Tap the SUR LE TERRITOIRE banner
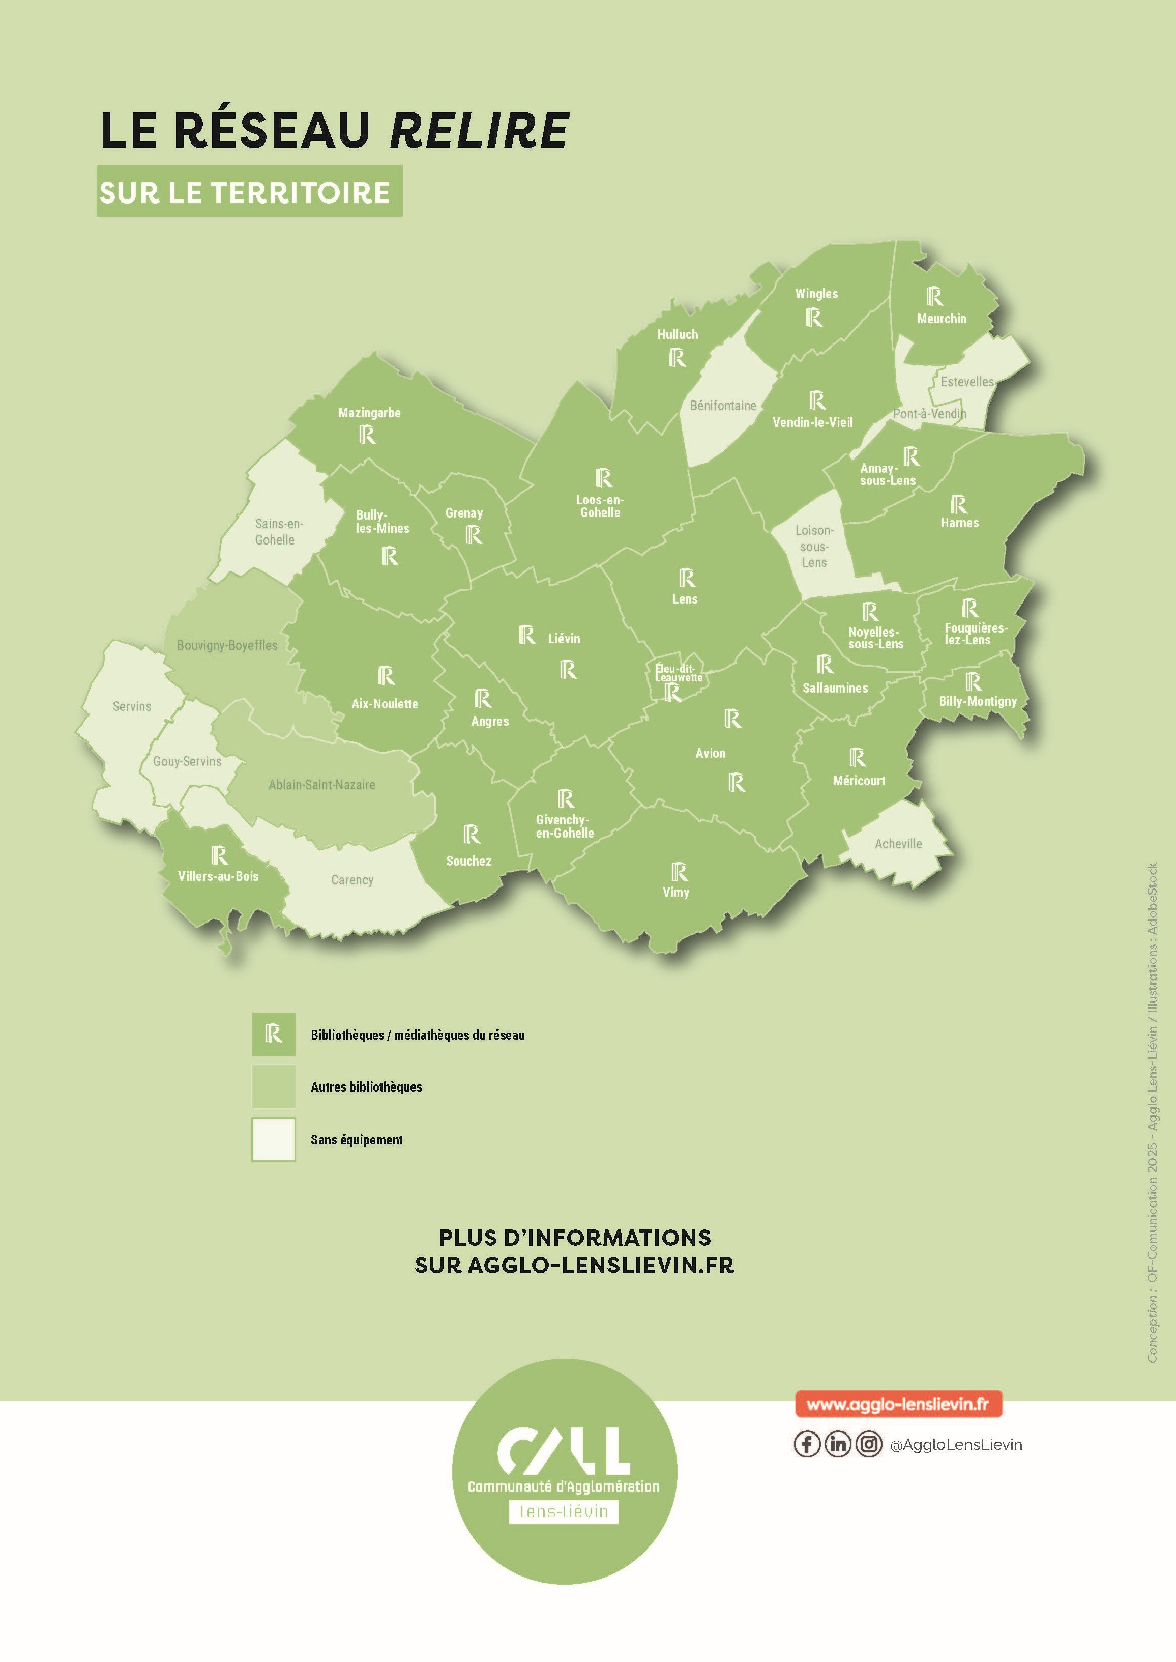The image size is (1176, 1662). point(249,192)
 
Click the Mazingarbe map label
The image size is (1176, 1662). point(369,413)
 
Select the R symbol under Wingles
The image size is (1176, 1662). point(813,318)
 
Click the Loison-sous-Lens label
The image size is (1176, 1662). point(814,546)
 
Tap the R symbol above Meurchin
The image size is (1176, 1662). point(934,296)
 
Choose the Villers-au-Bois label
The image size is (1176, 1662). point(218,876)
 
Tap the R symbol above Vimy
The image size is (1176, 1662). point(679,872)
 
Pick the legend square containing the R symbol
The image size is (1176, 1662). point(273,1034)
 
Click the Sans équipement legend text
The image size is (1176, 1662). point(356,1140)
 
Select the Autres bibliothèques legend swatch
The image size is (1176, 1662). point(273,1086)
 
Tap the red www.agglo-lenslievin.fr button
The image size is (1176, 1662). point(897,1404)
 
